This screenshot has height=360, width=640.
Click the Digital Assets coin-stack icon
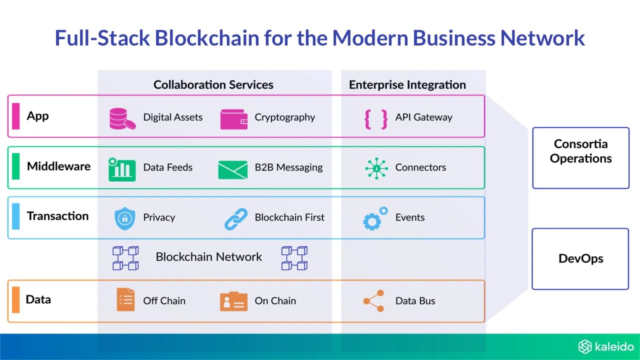[x=122, y=119]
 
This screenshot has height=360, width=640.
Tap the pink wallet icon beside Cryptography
[x=233, y=119]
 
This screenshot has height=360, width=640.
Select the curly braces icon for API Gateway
[x=376, y=119]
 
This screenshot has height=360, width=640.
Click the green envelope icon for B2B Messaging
[x=233, y=169]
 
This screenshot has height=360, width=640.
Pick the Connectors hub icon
[x=376, y=168]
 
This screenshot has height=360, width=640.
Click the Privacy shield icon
[x=124, y=218]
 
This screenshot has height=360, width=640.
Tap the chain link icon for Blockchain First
[x=236, y=219]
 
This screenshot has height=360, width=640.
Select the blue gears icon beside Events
[x=375, y=218]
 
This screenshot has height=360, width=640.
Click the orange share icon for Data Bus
[x=373, y=301]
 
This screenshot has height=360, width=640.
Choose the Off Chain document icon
[x=125, y=299]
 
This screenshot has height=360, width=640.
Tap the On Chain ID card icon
[x=233, y=301]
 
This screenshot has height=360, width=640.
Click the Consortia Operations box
[x=581, y=158]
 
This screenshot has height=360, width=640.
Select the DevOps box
[x=580, y=259]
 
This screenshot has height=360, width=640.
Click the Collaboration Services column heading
[x=213, y=84]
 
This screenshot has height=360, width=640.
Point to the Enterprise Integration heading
[x=407, y=85]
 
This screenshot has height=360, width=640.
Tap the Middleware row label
[x=58, y=166]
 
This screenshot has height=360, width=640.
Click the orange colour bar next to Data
[x=16, y=300]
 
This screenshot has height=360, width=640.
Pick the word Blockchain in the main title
[x=207, y=38]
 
